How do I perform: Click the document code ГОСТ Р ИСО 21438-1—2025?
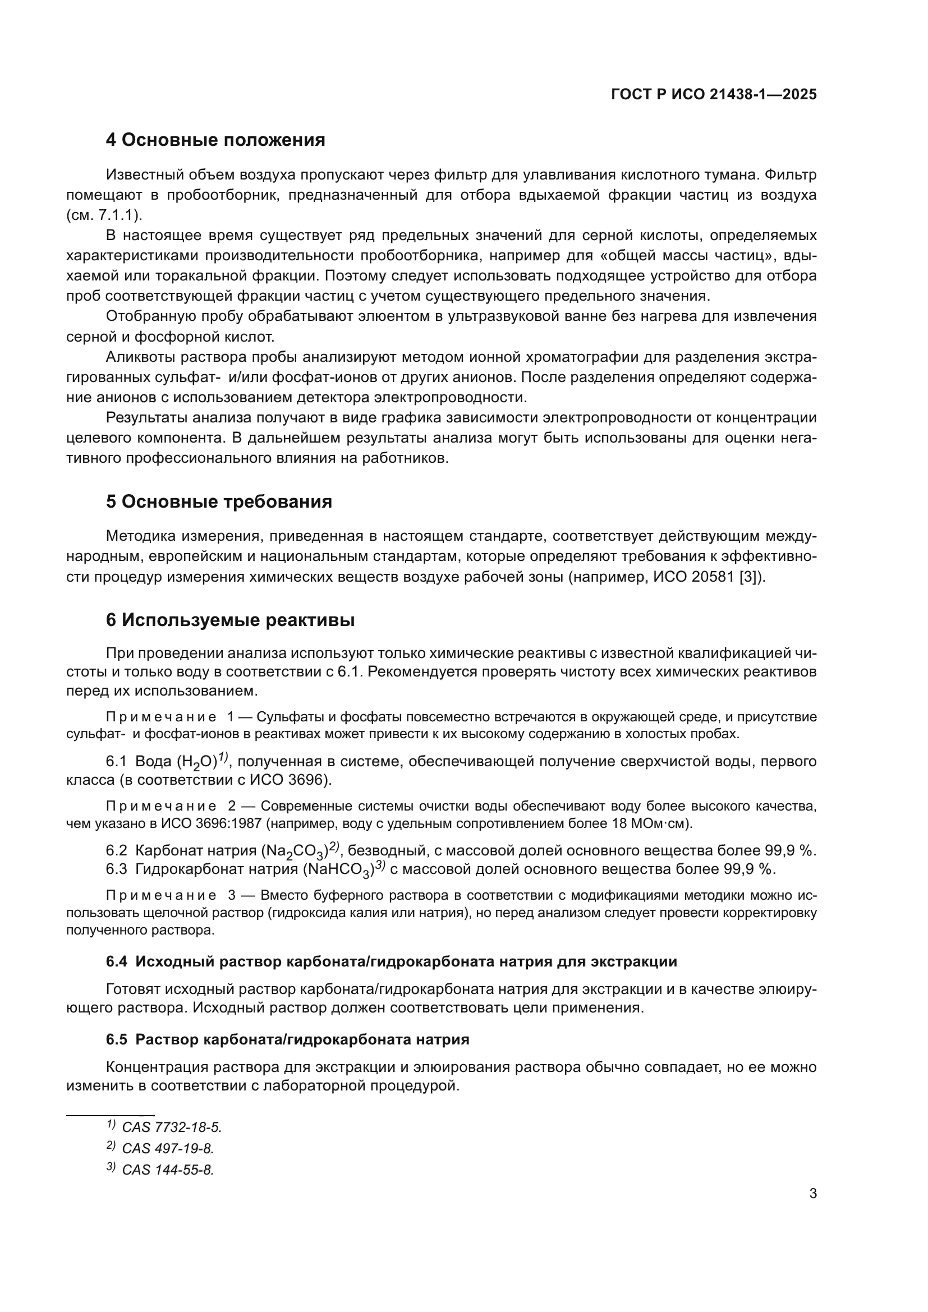(714, 94)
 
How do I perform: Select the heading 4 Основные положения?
(215, 140)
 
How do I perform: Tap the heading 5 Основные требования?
(219, 501)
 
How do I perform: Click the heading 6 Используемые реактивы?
(230, 620)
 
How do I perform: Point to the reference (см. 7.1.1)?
(105, 215)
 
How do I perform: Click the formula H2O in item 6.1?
(196, 762)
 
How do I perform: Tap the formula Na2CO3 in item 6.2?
(295, 851)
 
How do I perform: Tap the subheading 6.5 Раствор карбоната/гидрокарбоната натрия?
(287, 1039)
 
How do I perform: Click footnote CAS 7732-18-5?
(172, 1127)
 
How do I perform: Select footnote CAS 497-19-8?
(167, 1148)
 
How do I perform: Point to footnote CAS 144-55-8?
(167, 1169)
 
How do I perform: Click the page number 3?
(812, 1194)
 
